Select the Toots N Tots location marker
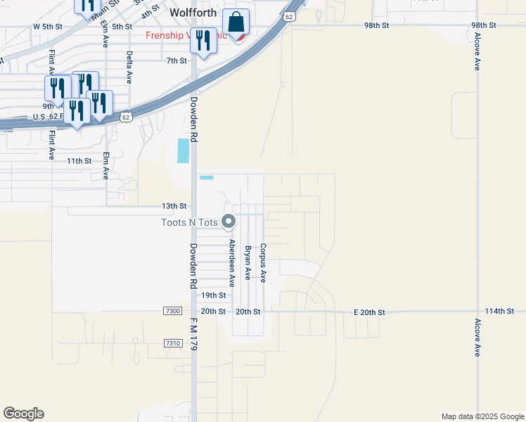(x=229, y=222)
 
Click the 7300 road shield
(x=172, y=311)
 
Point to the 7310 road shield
(x=172, y=343)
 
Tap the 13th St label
(x=174, y=206)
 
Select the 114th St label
(x=500, y=310)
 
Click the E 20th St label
(x=368, y=312)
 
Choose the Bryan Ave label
(x=247, y=263)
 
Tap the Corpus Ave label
(x=262, y=263)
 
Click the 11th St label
(x=79, y=161)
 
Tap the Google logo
(x=23, y=414)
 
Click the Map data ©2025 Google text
(x=482, y=416)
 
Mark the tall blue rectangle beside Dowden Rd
(x=184, y=151)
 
